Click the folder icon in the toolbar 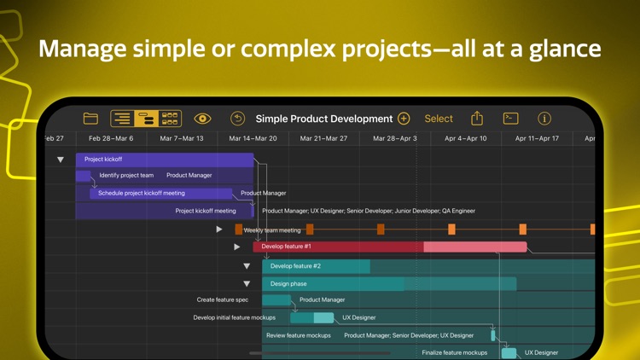(x=90, y=119)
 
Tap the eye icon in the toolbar (x=202, y=119)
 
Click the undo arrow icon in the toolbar (x=237, y=119)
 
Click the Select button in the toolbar (x=439, y=119)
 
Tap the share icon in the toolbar (x=477, y=119)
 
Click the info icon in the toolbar (x=544, y=119)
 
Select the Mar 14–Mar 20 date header (x=253, y=138)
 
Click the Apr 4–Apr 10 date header (x=466, y=138)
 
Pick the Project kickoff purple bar (x=164, y=160)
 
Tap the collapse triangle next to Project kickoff (x=61, y=160)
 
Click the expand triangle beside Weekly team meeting (x=219, y=229)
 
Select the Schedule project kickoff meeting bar (x=160, y=193)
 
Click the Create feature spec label (x=223, y=299)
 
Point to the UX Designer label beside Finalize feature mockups (x=541, y=352)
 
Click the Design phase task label (x=288, y=283)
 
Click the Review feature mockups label (x=299, y=335)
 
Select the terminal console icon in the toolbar (x=510, y=119)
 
